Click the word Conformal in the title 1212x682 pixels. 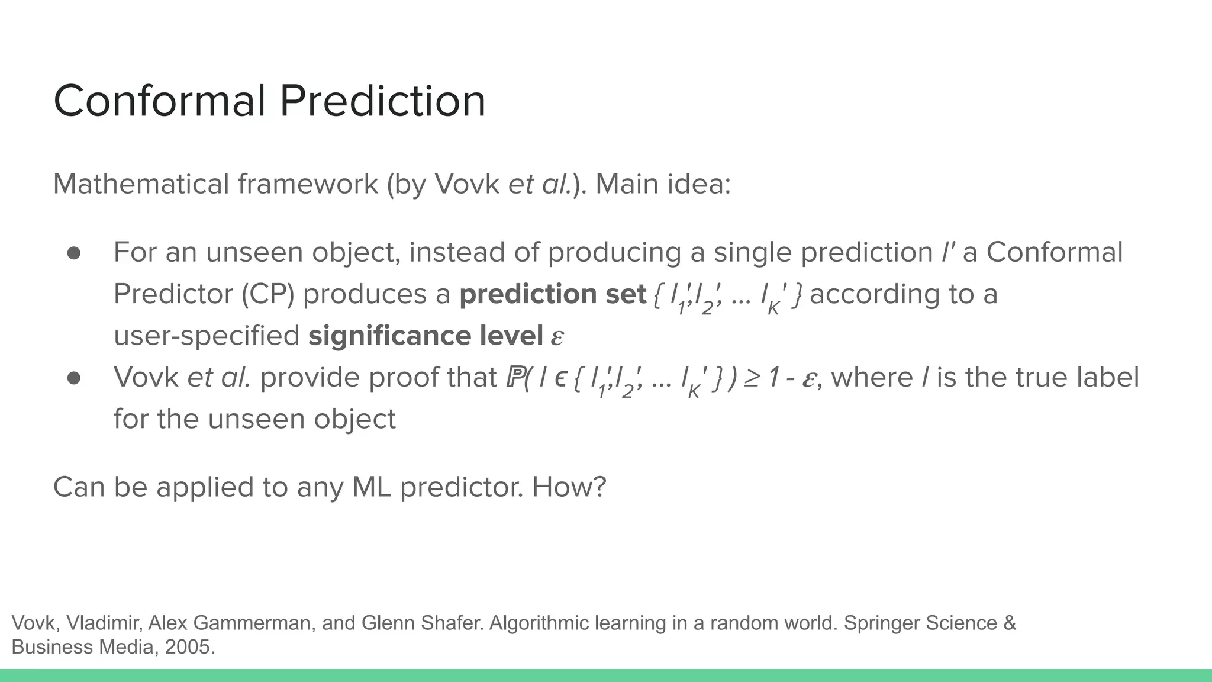pos(160,101)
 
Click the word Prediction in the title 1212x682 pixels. pos(382,101)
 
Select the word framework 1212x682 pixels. pos(308,184)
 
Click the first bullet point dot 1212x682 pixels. pos(74,253)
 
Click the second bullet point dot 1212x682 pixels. pos(74,378)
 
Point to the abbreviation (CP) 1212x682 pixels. pos(267,294)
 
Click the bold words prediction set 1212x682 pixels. pos(552,294)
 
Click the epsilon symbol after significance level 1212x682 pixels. pos(557,337)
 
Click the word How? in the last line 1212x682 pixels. pos(569,487)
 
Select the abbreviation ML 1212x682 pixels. pos(372,487)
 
